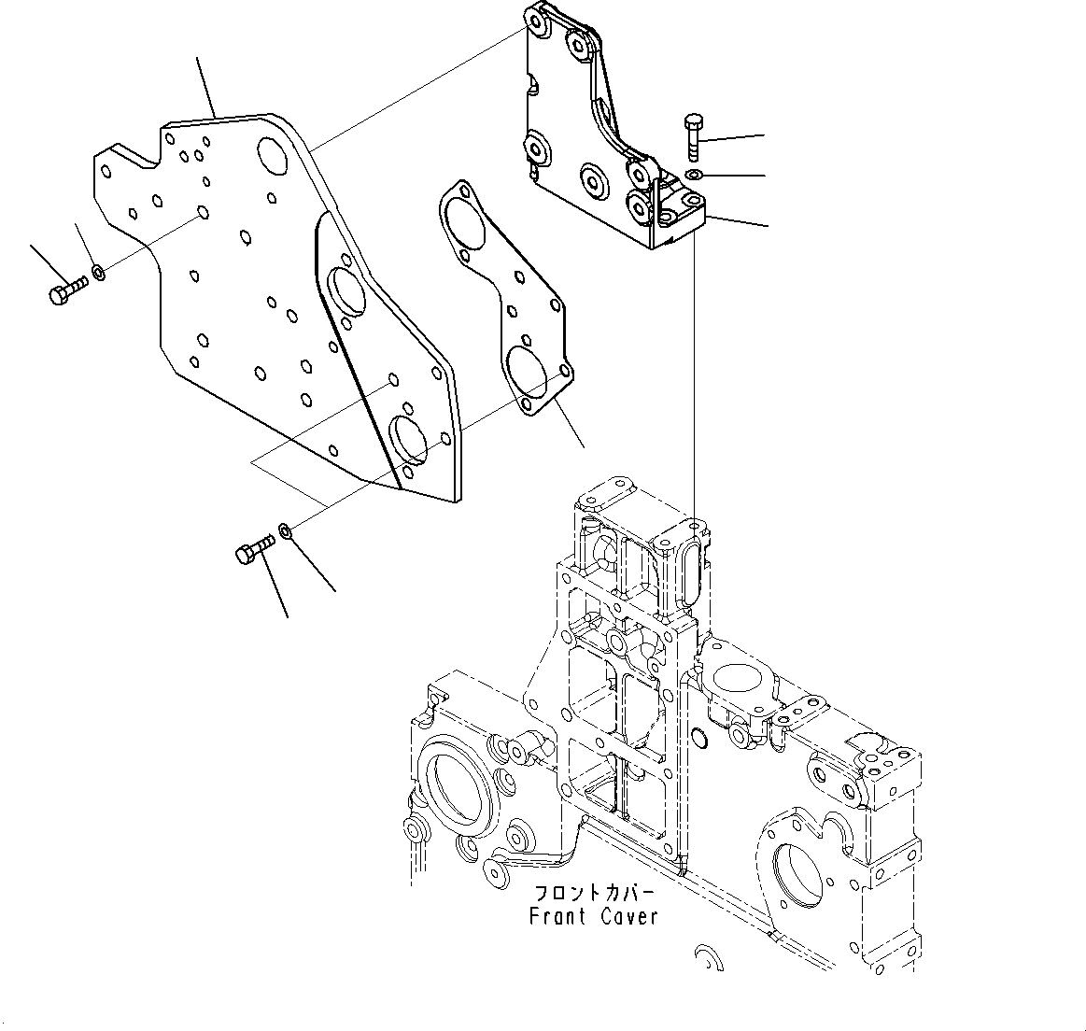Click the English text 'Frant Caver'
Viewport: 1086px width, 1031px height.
pyautogui.click(x=593, y=916)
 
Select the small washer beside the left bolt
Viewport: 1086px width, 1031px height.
pyautogui.click(x=98, y=275)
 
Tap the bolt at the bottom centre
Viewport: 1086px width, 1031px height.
pyautogui.click(x=252, y=548)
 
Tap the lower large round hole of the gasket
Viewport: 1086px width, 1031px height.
pyautogui.click(x=526, y=367)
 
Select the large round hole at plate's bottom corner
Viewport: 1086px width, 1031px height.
pyautogui.click(x=410, y=439)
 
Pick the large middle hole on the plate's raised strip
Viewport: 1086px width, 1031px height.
pyautogui.click(x=347, y=294)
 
